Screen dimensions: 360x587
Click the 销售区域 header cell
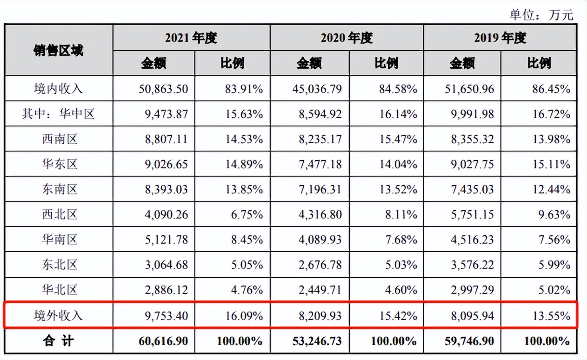tap(59, 50)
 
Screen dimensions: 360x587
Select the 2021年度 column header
tap(191, 38)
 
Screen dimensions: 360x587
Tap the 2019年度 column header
tap(500, 38)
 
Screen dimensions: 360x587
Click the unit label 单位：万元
tap(541, 14)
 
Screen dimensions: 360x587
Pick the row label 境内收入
tap(59, 89)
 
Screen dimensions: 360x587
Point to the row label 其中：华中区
tap(59, 114)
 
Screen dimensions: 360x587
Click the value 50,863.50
tap(163, 89)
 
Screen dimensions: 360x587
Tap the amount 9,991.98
tap(472, 114)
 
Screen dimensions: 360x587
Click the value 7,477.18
tap(320, 164)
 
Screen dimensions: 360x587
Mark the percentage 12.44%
tap(551, 189)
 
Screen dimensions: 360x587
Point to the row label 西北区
tap(59, 214)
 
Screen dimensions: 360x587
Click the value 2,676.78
tap(320, 265)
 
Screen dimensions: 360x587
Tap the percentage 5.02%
tap(554, 290)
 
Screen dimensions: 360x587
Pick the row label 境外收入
tap(59, 315)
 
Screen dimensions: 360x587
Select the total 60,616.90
tap(163, 341)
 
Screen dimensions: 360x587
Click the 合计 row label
tap(59, 341)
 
